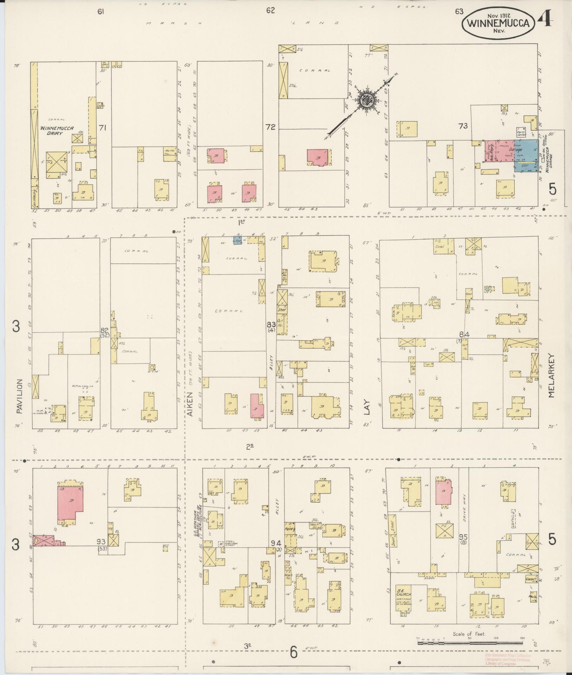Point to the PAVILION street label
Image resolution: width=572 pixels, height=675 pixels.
point(19,396)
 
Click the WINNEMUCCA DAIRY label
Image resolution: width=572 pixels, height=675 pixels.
point(57,130)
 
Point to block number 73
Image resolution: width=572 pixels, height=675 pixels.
point(463,126)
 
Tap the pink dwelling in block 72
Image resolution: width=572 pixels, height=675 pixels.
point(318,157)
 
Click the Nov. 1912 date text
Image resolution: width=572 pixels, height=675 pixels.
point(499,15)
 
